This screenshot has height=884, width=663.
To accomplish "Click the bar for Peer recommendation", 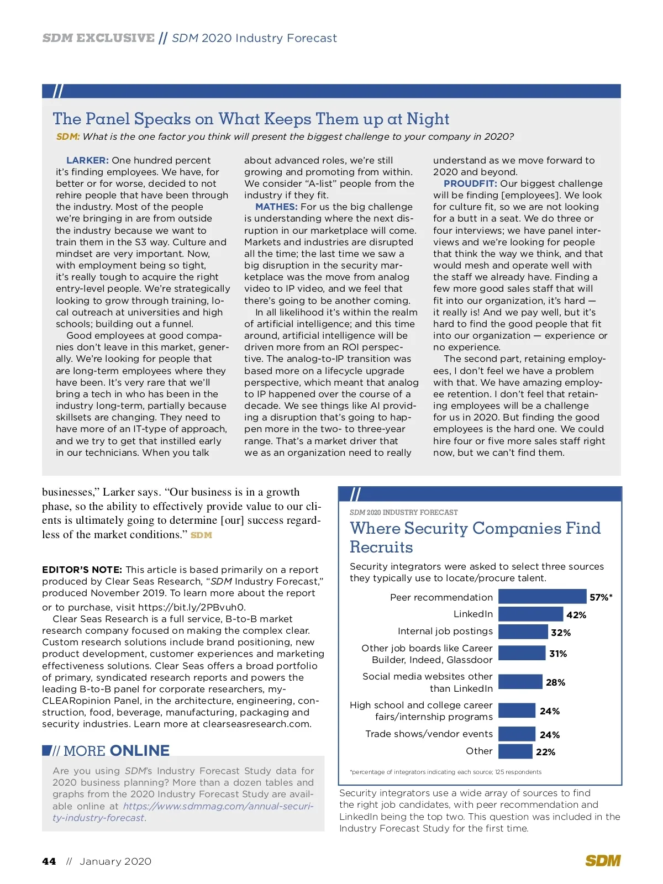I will pyautogui.click(x=541, y=596).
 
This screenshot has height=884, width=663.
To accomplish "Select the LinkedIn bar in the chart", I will pyautogui.click(x=530, y=614).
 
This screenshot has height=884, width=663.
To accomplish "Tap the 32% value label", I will pyautogui.click(x=560, y=633).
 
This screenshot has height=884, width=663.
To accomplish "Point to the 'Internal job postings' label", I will pyautogui.click(x=445, y=631).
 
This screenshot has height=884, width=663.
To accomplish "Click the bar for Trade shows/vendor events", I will pyautogui.click(x=517, y=734).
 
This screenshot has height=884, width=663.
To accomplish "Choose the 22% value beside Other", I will pyautogui.click(x=545, y=752).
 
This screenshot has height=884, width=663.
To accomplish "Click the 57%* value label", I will pyautogui.click(x=601, y=597).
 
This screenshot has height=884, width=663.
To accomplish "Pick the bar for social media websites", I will pyautogui.click(x=520, y=682).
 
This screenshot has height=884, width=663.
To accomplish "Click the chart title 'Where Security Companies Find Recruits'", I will pyautogui.click(x=475, y=537).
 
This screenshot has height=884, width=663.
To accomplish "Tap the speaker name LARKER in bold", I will pyautogui.click(x=87, y=160).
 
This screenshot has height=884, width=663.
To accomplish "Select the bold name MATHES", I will pyautogui.click(x=276, y=207).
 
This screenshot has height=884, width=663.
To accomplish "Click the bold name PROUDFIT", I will pyautogui.click(x=470, y=183).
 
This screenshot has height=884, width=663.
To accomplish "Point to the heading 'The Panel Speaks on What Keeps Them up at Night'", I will pyautogui.click(x=251, y=119).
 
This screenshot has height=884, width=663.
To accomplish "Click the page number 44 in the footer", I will pyautogui.click(x=49, y=861).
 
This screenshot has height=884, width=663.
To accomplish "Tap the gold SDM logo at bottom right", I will pyautogui.click(x=603, y=860).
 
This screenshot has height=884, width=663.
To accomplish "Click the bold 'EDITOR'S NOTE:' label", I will pyautogui.click(x=82, y=570).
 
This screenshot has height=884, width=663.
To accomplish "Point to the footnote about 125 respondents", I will pyautogui.click(x=445, y=772).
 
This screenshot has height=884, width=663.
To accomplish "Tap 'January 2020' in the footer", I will pyautogui.click(x=115, y=861).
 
